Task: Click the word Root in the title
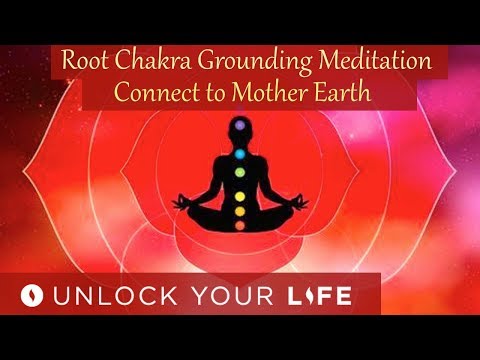point(83,60)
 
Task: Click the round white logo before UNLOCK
point(32,298)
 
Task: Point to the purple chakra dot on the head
point(238,127)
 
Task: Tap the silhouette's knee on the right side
point(290,226)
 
